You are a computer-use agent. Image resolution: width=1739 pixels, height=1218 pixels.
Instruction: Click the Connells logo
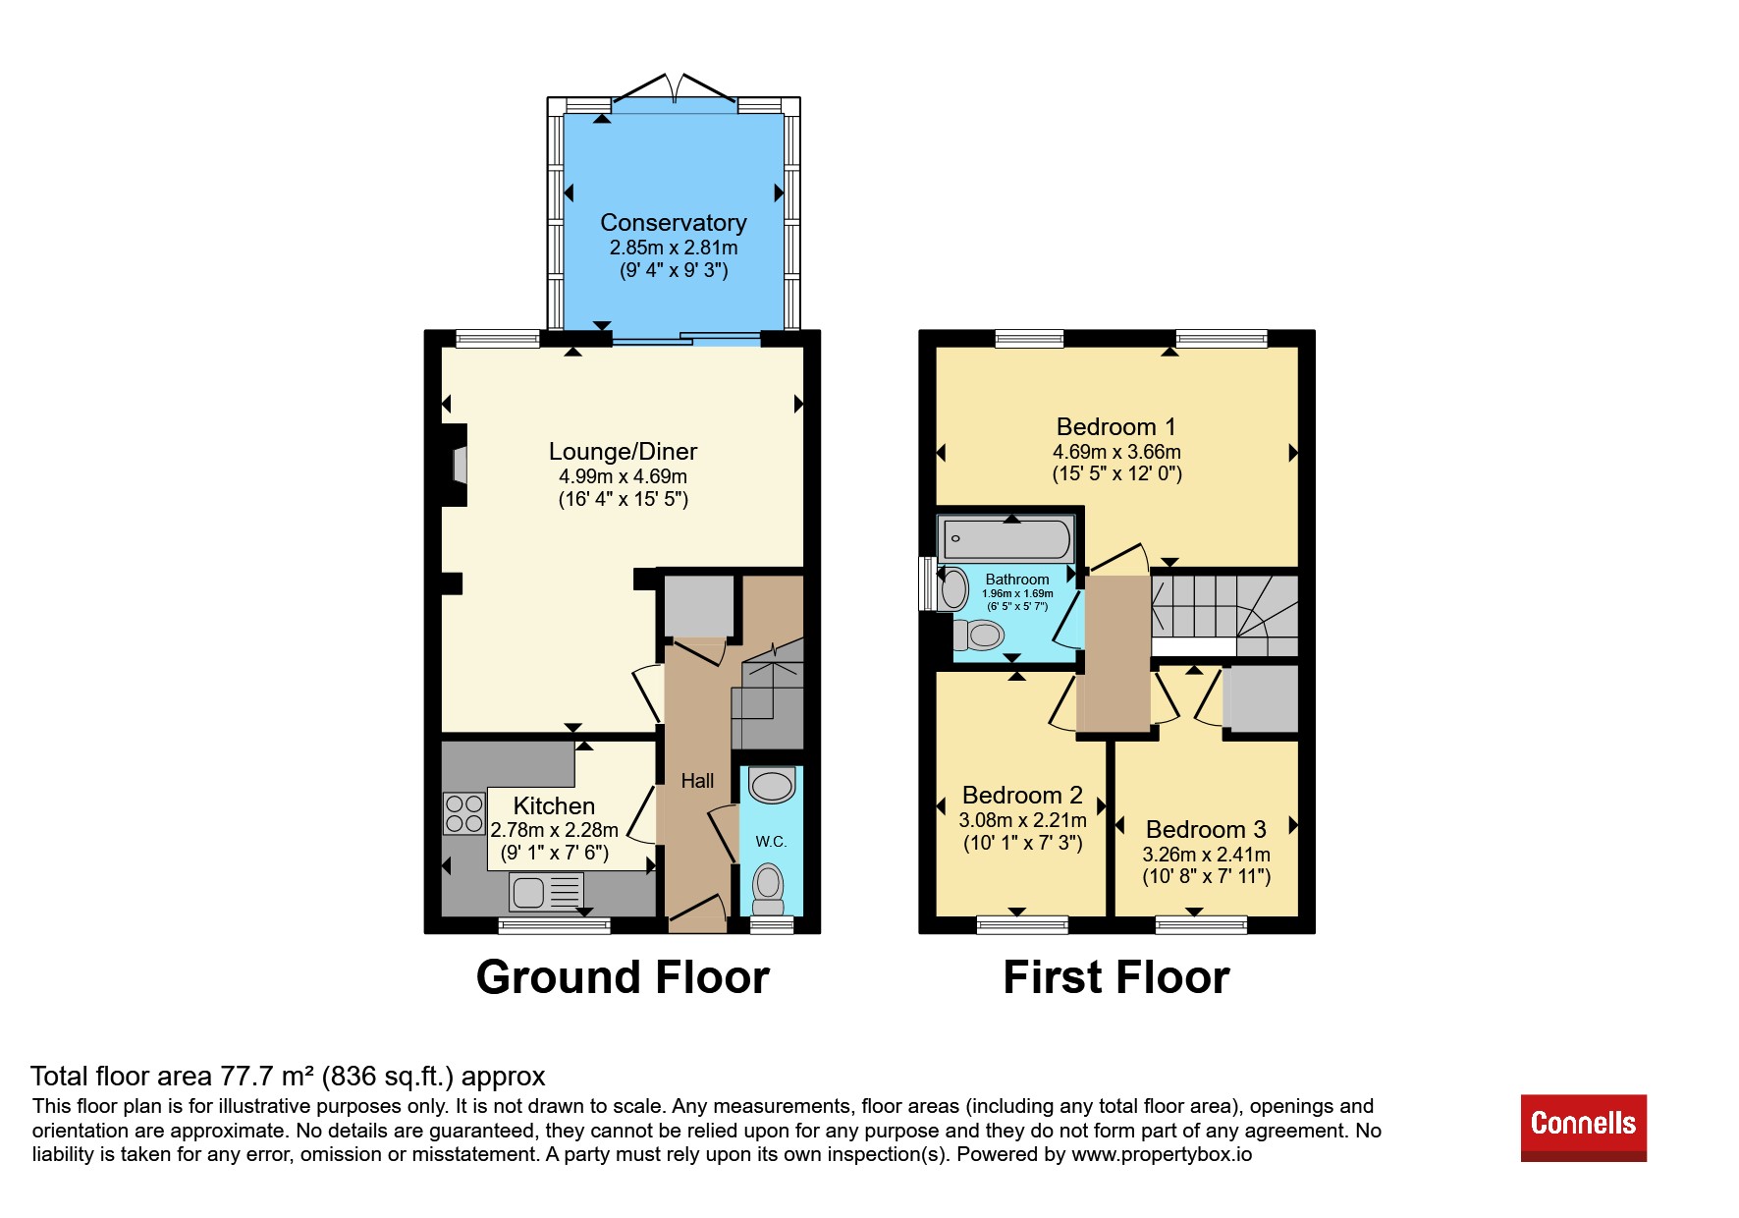[x=1583, y=1128]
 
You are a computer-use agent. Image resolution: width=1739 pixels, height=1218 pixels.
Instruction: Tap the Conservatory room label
[x=674, y=223]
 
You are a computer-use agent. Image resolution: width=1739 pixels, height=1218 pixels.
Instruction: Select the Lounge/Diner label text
[x=623, y=452]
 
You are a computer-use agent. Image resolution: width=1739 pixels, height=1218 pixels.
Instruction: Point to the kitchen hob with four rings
[x=463, y=813]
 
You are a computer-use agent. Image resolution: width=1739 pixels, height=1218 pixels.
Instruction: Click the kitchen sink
[x=547, y=892]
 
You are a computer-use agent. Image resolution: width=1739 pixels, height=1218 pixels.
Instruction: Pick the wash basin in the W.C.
[x=772, y=786]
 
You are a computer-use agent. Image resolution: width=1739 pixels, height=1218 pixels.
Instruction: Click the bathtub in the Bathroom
[x=1006, y=539]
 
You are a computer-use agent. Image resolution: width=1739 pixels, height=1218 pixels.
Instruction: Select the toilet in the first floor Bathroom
[x=977, y=636]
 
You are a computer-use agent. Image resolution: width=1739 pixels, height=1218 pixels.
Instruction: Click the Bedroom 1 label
[x=1116, y=427]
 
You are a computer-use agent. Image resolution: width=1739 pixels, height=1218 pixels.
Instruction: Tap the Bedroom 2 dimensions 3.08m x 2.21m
[x=1023, y=820]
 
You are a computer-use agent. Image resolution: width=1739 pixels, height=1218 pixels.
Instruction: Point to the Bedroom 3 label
[x=1206, y=830]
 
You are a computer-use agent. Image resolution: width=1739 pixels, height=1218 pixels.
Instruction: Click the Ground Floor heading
[x=623, y=978]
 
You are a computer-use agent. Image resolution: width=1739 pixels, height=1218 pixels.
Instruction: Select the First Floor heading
[x=1116, y=978]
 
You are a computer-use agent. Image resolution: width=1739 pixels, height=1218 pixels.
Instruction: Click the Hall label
[x=698, y=781]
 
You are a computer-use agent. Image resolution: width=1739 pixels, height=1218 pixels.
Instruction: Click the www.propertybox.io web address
[x=1162, y=1154]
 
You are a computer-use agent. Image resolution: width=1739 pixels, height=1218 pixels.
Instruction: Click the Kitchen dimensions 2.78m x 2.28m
[x=555, y=830]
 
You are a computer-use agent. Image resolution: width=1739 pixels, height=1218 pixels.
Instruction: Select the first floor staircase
[x=1225, y=616]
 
